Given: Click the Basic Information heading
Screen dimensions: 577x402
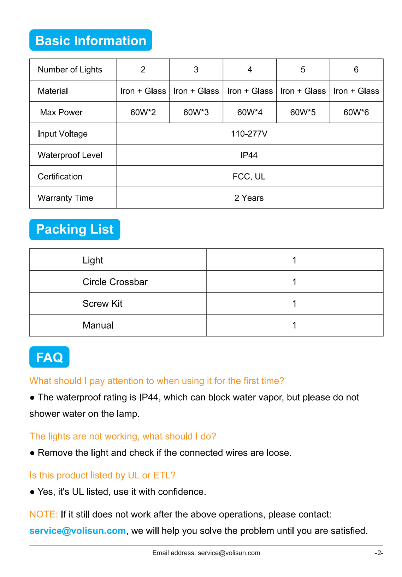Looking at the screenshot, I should (x=91, y=41).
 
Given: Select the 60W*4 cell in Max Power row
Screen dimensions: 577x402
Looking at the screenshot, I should (x=250, y=112).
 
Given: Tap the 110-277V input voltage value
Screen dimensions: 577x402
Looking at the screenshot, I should (x=249, y=134).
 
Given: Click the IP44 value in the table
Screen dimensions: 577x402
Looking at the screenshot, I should (x=249, y=155).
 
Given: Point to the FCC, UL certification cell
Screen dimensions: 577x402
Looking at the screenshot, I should (x=249, y=176).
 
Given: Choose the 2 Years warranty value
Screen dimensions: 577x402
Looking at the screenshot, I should (x=249, y=198).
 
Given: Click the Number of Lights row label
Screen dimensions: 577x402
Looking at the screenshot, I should (x=70, y=70).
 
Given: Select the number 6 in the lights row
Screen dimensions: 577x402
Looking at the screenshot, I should (x=356, y=70).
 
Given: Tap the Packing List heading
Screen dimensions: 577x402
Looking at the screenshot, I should (x=75, y=229).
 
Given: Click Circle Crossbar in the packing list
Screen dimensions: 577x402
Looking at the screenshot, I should (x=115, y=282).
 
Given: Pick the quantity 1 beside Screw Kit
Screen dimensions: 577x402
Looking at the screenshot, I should (x=294, y=304).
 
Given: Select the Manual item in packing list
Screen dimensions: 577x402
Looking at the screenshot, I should (x=98, y=325).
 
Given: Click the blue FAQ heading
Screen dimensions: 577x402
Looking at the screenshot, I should (x=49, y=357).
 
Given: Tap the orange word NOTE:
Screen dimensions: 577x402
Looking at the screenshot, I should (x=43, y=514).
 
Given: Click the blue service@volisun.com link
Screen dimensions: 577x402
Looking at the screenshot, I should (x=78, y=531).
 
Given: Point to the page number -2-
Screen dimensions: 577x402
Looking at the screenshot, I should (x=379, y=553).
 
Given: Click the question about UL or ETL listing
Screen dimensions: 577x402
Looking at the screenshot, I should (x=102, y=475).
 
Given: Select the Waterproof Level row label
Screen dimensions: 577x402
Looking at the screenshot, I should (x=70, y=155).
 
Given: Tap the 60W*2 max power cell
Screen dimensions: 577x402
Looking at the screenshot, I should (x=143, y=112).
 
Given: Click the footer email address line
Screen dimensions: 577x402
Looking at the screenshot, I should (x=206, y=553).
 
